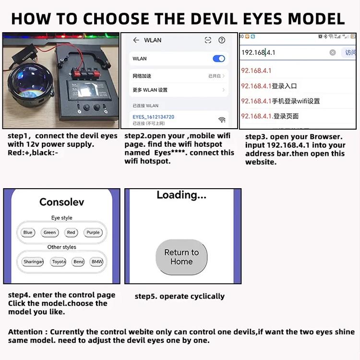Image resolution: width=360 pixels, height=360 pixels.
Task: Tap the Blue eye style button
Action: coord(28,232)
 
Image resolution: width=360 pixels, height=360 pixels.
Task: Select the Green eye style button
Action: coord(50,232)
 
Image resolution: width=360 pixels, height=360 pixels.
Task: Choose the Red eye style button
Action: coord(71,232)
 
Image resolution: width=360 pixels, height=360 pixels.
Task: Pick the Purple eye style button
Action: coord(93,232)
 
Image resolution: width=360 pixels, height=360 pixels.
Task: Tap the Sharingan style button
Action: coord(33,262)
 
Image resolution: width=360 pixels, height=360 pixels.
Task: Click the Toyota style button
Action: coord(59,262)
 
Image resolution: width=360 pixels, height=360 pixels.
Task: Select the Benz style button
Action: coord(78,262)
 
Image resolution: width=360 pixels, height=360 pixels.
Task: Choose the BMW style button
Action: coord(97,262)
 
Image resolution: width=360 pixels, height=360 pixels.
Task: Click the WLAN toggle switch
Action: coord(218,59)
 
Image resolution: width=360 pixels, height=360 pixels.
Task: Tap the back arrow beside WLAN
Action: coord(136,40)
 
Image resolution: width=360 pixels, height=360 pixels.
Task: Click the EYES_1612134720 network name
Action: coord(153,117)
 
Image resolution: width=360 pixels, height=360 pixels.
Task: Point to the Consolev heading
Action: coord(61,202)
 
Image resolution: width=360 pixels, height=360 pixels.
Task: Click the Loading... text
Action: coord(181,195)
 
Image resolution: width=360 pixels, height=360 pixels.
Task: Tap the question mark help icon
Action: coord(222,40)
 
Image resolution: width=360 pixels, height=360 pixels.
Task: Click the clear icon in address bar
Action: coord(333,52)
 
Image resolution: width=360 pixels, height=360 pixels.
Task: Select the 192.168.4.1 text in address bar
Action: coord(258,52)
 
